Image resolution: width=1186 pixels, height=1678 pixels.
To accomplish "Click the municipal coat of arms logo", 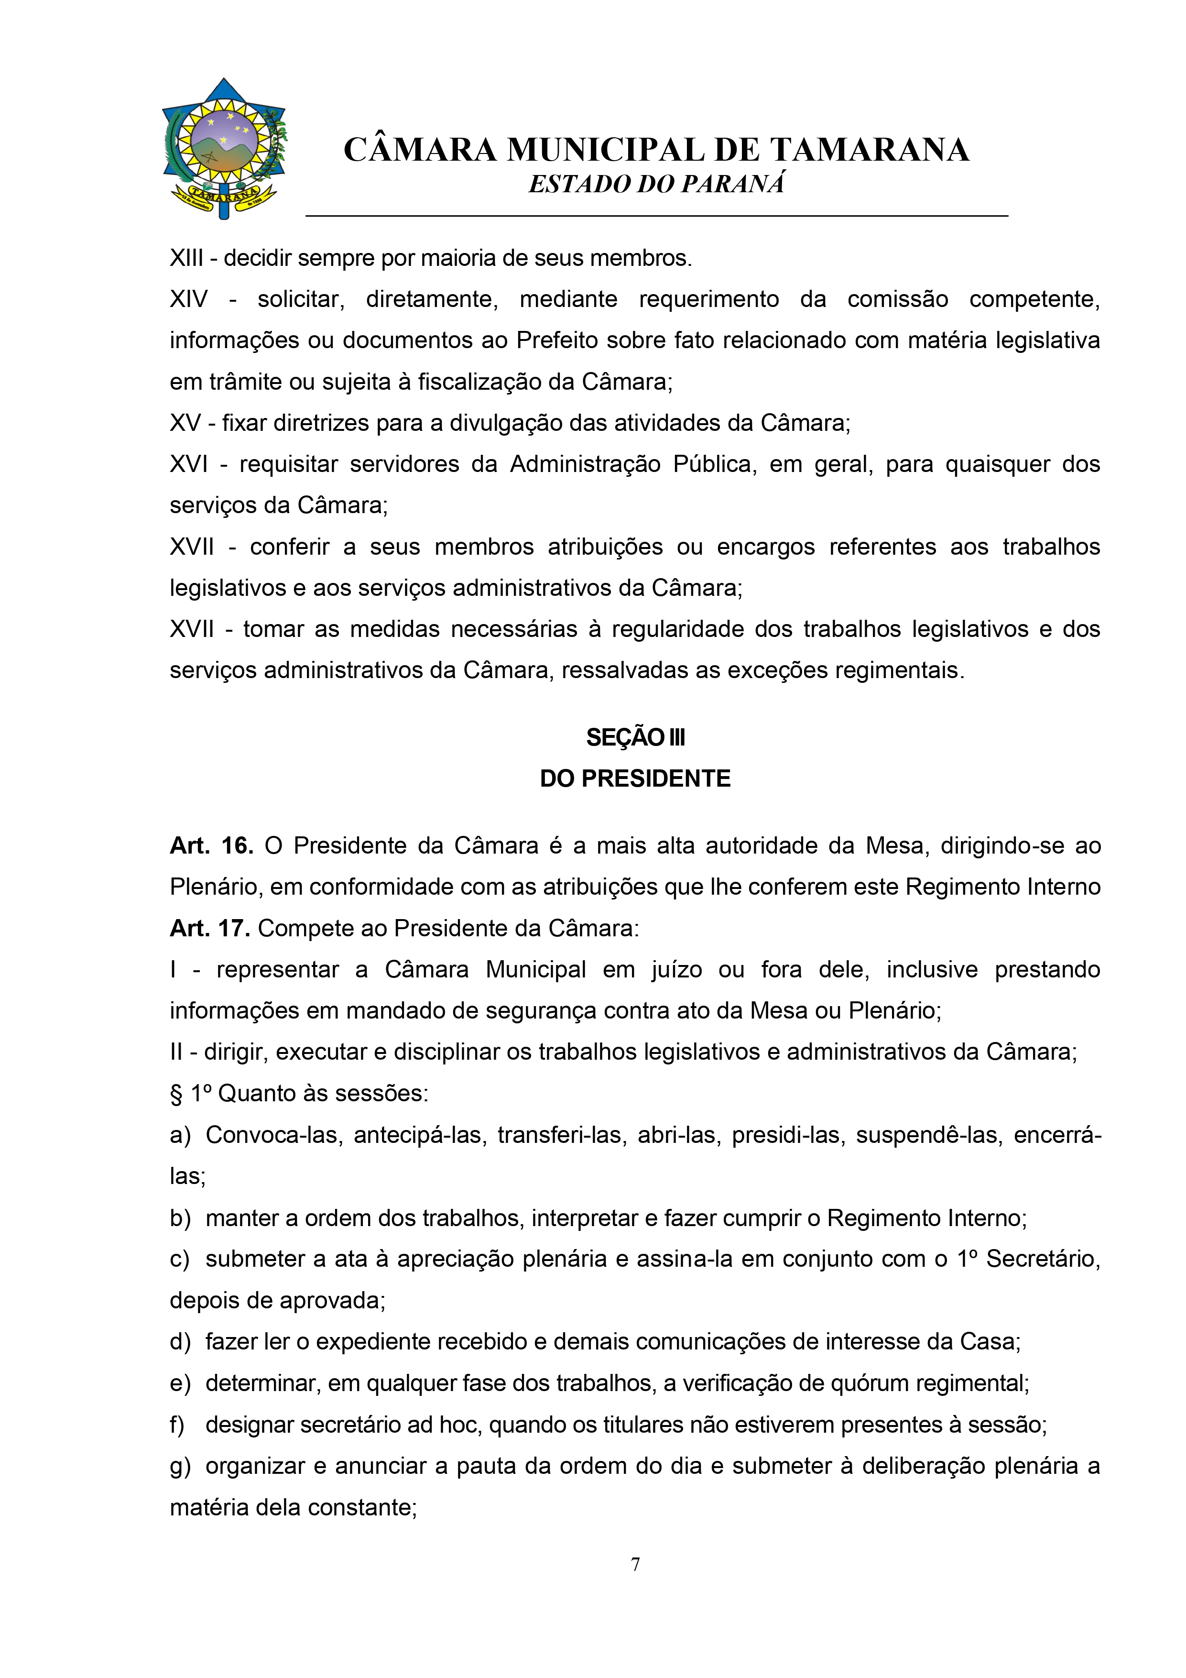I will point(224,148).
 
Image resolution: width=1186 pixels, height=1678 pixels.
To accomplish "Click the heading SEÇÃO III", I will point(635,737).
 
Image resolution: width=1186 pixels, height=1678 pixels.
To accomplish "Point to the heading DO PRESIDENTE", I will point(635,779).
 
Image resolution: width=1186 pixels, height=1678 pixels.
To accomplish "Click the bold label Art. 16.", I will point(211,845).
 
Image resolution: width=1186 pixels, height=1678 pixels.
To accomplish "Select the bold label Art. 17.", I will point(210,928).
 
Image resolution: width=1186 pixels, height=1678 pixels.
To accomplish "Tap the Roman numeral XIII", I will point(186,258).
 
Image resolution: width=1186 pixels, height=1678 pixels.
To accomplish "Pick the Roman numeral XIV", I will point(188,299).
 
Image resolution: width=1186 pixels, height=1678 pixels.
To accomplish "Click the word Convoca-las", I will point(274,1135).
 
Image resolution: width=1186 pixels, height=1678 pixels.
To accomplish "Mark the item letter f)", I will point(177,1425).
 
